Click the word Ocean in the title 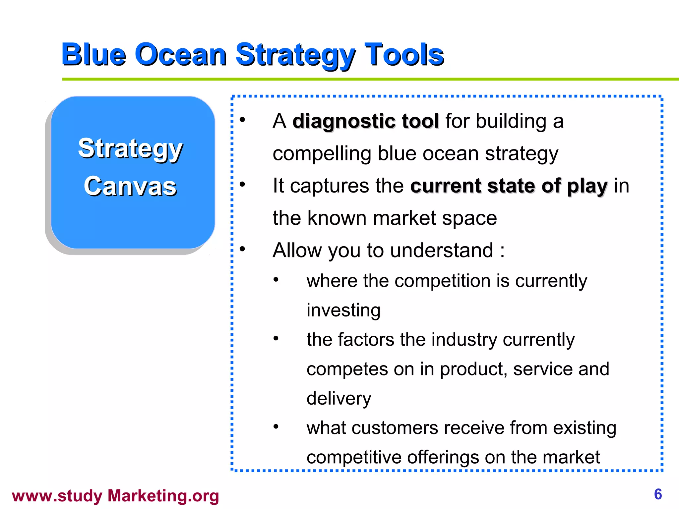pyautogui.click(x=181, y=55)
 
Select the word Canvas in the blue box pyautogui.click(x=130, y=186)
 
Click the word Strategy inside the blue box pyautogui.click(x=130, y=149)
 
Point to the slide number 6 pyautogui.click(x=658, y=494)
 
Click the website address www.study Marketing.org pyautogui.click(x=115, y=496)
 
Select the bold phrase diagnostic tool pyautogui.click(x=366, y=121)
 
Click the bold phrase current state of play pyautogui.click(x=509, y=186)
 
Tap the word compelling pyautogui.click(x=322, y=154)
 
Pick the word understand pyautogui.click(x=442, y=250)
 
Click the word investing pyautogui.click(x=343, y=311)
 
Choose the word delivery pyautogui.click(x=339, y=399)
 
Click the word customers pyautogui.click(x=395, y=428)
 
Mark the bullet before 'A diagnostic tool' pyautogui.click(x=242, y=120)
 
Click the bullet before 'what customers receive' pyautogui.click(x=276, y=426)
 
